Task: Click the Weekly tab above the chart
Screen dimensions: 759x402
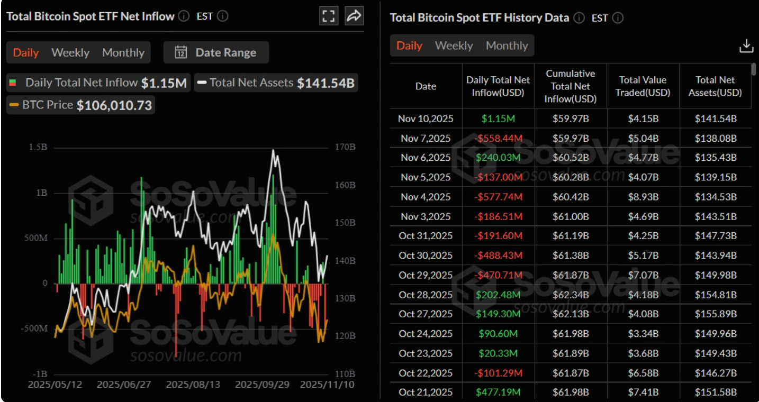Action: (x=70, y=52)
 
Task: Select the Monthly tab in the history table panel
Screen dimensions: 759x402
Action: (x=507, y=45)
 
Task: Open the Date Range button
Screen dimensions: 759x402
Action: (x=216, y=52)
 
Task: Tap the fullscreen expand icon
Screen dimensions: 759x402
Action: (x=329, y=16)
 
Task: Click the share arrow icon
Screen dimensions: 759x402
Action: (x=354, y=16)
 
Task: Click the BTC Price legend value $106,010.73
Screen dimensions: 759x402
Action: (x=114, y=105)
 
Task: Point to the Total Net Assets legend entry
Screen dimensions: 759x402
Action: (x=276, y=83)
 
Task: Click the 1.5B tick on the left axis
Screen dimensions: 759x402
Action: (x=38, y=147)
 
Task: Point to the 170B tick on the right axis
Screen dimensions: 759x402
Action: (x=345, y=147)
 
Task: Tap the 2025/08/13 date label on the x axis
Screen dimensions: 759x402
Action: (x=193, y=385)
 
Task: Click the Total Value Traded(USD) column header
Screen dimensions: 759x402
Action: (x=643, y=86)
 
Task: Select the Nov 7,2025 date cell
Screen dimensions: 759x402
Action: (x=426, y=138)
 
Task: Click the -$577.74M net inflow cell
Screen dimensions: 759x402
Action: (x=498, y=197)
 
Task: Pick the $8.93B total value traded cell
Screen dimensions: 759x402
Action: (x=643, y=197)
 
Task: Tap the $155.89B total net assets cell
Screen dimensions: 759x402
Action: (x=716, y=314)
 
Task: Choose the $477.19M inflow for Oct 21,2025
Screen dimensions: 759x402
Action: (x=498, y=392)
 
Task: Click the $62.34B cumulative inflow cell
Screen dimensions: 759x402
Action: (x=571, y=295)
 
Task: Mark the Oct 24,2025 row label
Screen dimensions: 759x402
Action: (x=426, y=334)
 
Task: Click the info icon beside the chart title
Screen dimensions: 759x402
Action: (x=184, y=16)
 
